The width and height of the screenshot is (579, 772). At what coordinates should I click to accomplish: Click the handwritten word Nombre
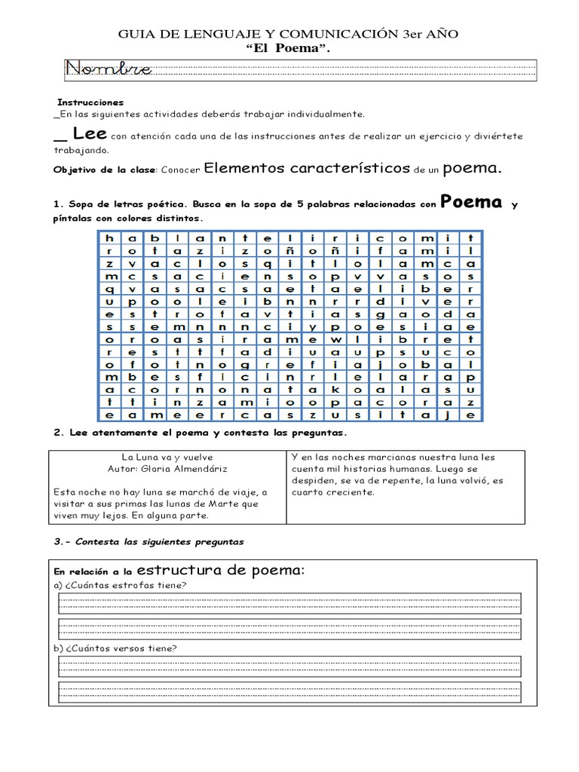point(109,70)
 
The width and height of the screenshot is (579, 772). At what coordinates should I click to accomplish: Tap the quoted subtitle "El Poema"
point(289,48)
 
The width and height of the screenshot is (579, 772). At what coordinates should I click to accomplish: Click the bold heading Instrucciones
point(90,102)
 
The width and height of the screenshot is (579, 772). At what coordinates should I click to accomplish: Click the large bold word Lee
point(90,134)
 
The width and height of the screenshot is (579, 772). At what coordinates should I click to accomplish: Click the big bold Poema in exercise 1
point(471,201)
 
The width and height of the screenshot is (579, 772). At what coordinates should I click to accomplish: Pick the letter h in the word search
point(109,236)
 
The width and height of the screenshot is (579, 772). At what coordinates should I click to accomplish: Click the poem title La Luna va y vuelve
point(167,457)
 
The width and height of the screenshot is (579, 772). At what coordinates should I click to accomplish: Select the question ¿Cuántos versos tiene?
point(118,648)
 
